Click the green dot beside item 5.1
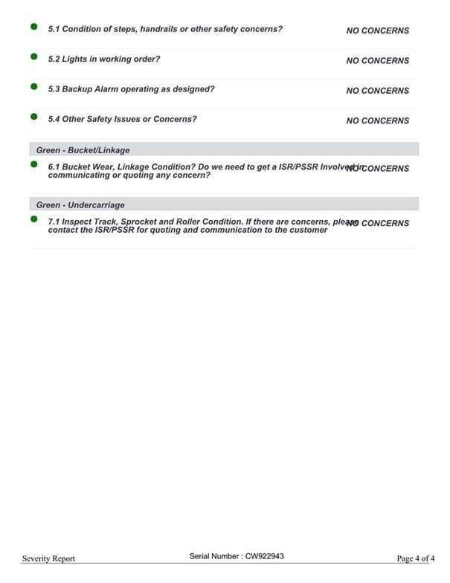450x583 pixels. point(33,27)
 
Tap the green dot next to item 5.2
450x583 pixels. point(33,57)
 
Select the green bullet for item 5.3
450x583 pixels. point(33,86)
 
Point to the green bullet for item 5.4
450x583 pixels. point(33,117)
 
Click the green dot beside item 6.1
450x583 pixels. point(33,164)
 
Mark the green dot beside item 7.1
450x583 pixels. point(33,219)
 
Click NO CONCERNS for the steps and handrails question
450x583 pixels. point(377,31)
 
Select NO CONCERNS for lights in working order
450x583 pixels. point(377,61)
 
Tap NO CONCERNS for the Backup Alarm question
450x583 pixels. point(377,91)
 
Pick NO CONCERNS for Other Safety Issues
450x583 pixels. point(377,120)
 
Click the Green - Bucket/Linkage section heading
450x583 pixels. point(83,150)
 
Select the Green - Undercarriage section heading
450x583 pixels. point(80,204)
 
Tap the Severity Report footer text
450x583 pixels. point(48,558)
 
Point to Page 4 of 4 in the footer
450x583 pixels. point(415,558)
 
